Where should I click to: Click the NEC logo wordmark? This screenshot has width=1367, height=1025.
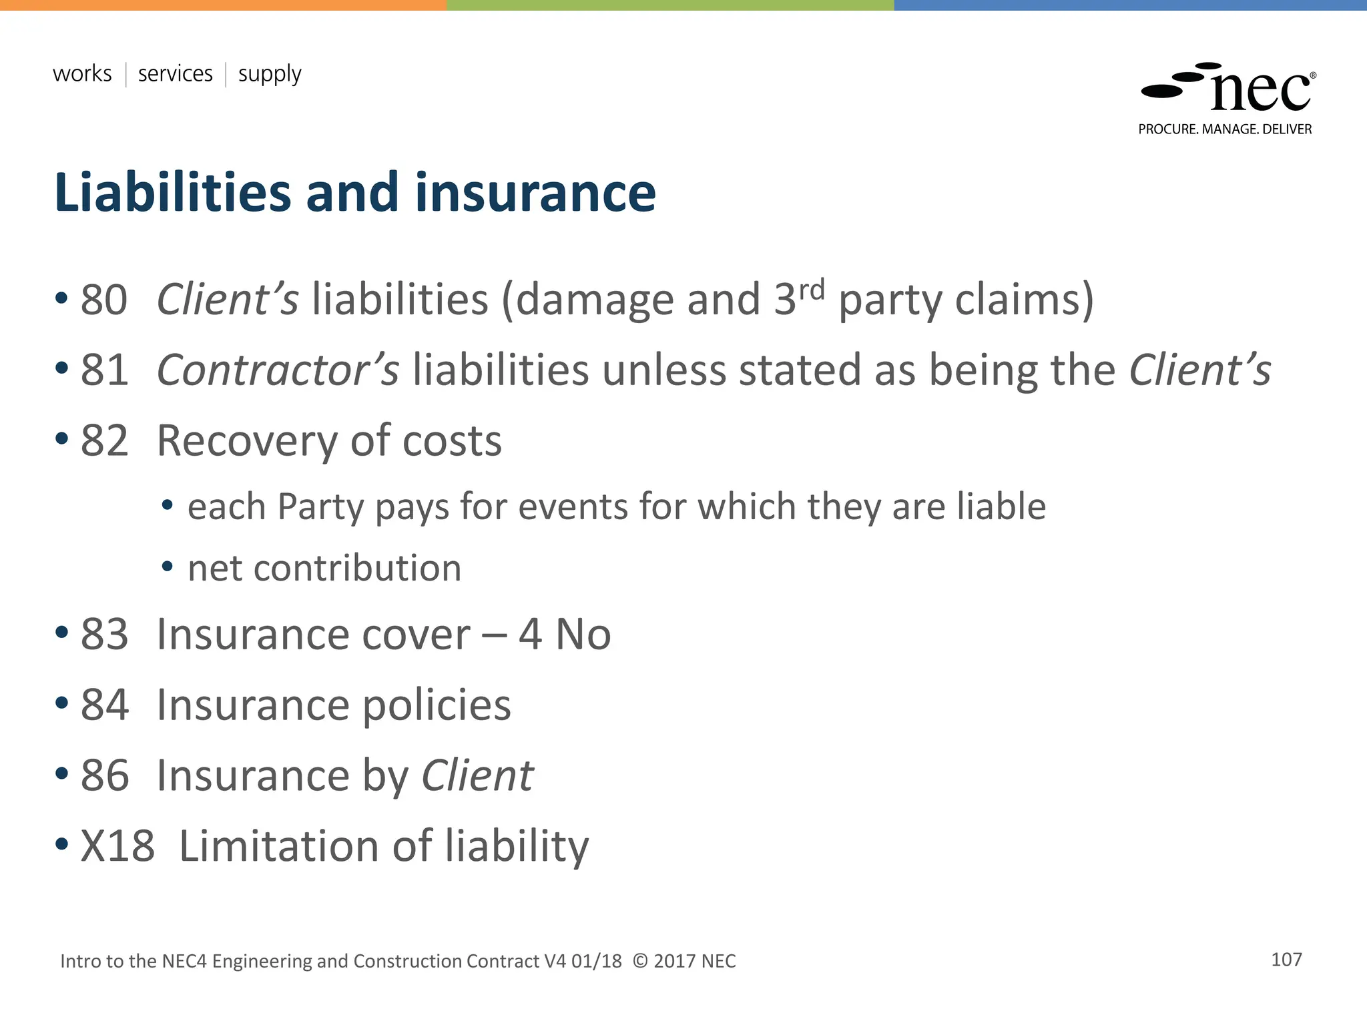1260,92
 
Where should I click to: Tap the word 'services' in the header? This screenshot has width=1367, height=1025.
175,73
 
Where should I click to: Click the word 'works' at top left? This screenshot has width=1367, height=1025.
82,73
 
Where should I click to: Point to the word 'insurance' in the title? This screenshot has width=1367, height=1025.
535,193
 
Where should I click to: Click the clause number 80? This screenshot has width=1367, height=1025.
104,300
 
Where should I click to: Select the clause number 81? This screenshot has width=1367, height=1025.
104,370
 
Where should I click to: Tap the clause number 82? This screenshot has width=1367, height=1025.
104,441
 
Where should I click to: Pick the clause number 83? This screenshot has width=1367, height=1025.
104,635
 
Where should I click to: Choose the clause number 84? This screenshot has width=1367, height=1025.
104,705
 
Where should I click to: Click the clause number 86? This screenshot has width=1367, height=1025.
104,776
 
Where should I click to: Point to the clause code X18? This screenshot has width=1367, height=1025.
117,847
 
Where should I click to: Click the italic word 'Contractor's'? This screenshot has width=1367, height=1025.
278,370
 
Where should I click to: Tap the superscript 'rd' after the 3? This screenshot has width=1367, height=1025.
812,290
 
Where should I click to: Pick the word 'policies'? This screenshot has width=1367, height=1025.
437,706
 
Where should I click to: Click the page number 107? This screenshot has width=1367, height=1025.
1286,960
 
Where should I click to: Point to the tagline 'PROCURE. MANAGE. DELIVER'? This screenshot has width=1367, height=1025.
1225,129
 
